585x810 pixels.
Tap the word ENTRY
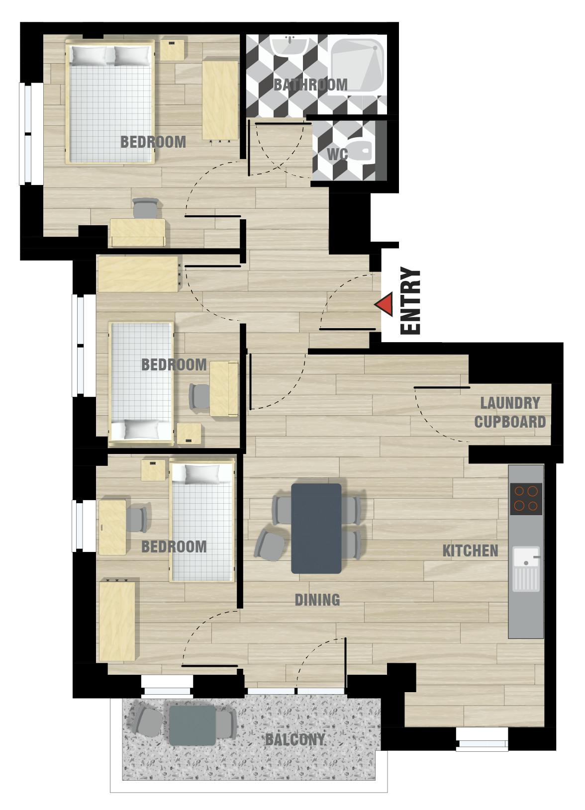[411, 301]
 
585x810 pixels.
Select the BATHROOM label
[310, 85]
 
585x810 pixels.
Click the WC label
[337, 154]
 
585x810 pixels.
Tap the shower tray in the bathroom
[357, 64]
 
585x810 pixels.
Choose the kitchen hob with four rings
[526, 498]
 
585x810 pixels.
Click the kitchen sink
[526, 568]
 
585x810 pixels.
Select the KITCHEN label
[470, 551]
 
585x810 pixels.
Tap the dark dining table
[316, 528]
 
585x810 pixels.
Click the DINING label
[317, 600]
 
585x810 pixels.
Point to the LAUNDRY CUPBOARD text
[510, 412]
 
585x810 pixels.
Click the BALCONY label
[294, 739]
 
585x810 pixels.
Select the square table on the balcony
[192, 725]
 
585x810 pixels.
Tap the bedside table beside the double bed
[173, 50]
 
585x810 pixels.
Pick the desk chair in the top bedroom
[146, 208]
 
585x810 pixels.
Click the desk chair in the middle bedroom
[200, 396]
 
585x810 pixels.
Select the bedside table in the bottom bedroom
[153, 470]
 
